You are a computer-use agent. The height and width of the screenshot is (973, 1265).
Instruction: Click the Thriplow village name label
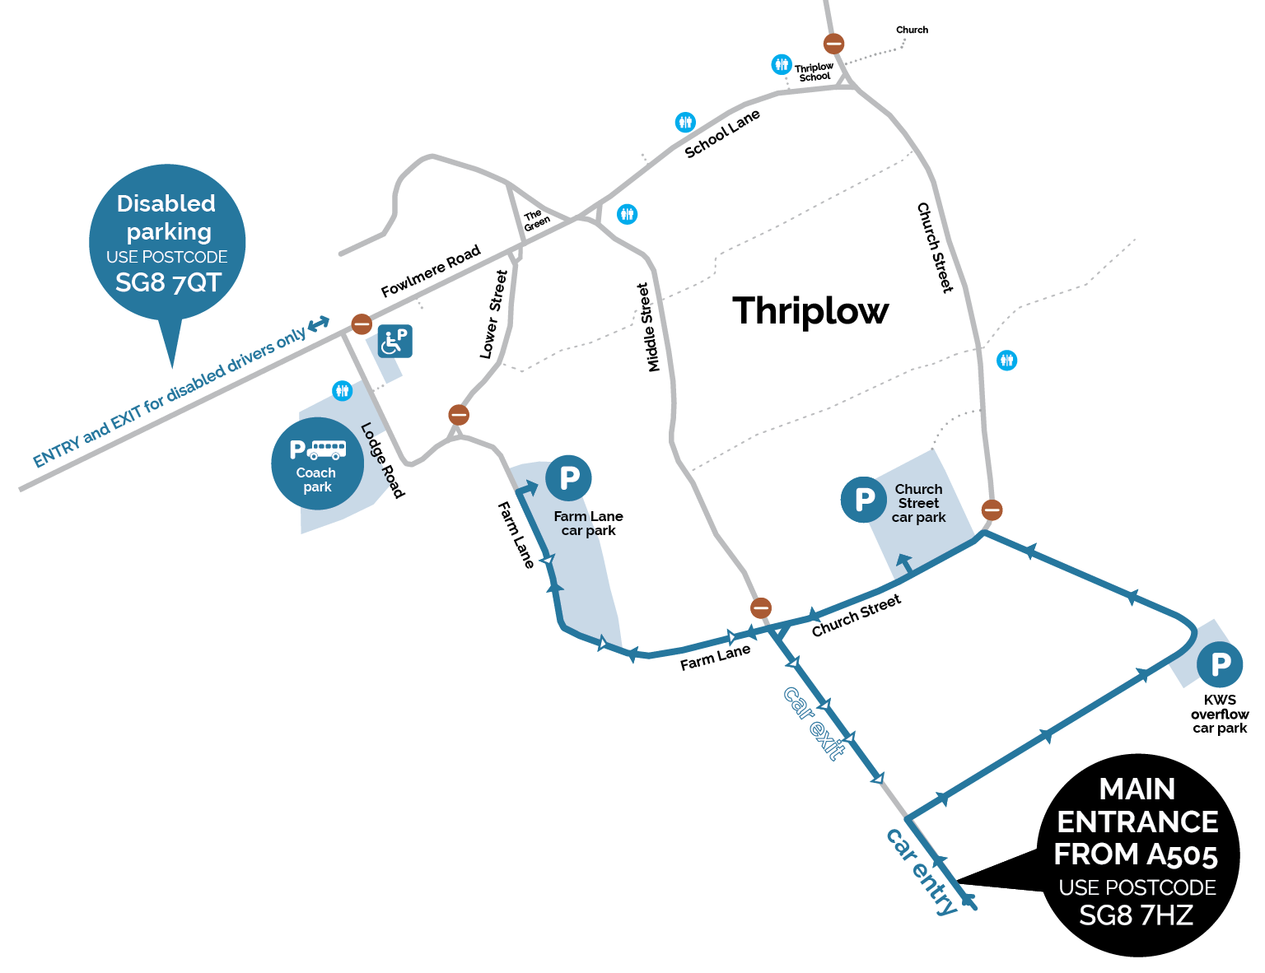pos(810,311)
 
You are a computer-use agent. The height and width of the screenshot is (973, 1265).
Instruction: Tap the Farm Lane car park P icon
pos(569,477)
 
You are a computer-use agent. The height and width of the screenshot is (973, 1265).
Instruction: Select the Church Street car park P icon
pos(864,500)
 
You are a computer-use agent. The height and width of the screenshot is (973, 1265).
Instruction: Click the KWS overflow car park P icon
pos(1220,664)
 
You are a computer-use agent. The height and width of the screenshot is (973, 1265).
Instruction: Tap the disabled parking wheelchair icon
pos(395,341)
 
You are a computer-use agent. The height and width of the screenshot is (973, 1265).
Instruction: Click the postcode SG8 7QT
pos(168,283)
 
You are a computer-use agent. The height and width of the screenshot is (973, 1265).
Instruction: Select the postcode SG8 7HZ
pos(1136,915)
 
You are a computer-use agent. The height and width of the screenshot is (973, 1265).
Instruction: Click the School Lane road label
pos(722,133)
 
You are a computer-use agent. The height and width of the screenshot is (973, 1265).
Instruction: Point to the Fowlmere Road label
pos(430,272)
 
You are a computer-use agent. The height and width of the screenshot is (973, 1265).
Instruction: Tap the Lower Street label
pos(493,314)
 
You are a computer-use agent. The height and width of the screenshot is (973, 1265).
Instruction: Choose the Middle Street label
pos(649,328)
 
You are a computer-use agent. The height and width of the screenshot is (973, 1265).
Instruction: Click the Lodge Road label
pos(383,460)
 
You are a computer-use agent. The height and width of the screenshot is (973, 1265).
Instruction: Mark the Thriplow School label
pos(814,72)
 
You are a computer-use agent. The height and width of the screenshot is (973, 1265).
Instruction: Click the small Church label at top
pos(912,30)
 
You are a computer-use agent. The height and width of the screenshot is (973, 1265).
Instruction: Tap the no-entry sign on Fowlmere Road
pos(362,324)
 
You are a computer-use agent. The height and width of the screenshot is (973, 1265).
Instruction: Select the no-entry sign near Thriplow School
pos(833,44)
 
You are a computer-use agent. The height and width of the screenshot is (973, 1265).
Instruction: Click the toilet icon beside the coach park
pos(343,390)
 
